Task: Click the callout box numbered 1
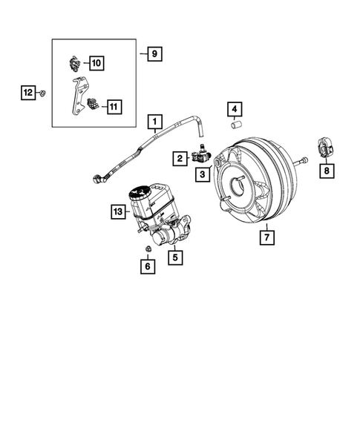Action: tap(155, 121)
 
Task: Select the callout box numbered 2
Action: tap(180, 157)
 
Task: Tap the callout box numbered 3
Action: tap(202, 174)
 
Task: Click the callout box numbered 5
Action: tap(176, 258)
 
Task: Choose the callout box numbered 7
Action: tap(265, 238)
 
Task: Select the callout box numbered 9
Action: tap(154, 53)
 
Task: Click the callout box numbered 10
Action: tap(98, 62)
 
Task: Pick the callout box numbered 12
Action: tap(27, 93)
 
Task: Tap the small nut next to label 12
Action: tap(44, 93)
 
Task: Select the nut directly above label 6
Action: tap(147, 249)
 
